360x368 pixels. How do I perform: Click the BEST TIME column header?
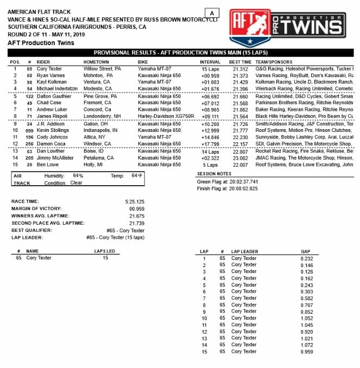tap(240, 62)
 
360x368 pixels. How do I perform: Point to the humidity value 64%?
tap(78, 176)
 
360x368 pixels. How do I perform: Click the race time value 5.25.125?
tap(136, 201)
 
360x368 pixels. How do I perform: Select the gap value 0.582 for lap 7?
tap(307, 298)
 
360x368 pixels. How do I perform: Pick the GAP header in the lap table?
tap(306, 252)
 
